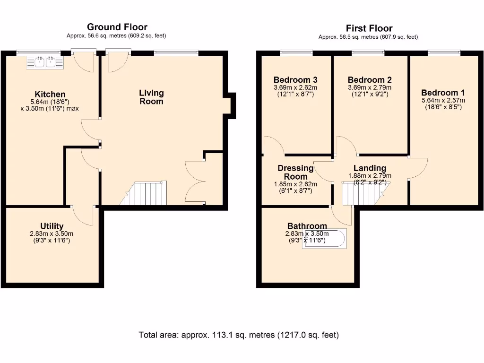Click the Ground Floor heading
click(x=117, y=27)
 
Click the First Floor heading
click(x=369, y=28)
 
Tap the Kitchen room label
click(x=50, y=95)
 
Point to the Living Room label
click(x=151, y=97)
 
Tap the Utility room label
click(x=52, y=226)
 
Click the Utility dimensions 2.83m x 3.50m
click(x=52, y=233)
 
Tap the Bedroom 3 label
click(x=295, y=80)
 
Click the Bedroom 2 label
click(x=369, y=80)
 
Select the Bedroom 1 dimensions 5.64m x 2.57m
click(x=443, y=100)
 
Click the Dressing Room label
click(x=295, y=172)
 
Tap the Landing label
click(x=370, y=168)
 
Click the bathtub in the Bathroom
click(x=324, y=239)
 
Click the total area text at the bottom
click(x=239, y=335)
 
